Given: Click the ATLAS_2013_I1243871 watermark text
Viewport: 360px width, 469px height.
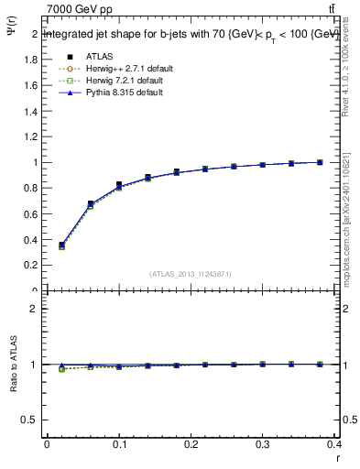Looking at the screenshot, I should click(x=191, y=274).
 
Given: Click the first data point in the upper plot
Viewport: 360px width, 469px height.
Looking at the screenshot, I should click(x=61, y=245).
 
